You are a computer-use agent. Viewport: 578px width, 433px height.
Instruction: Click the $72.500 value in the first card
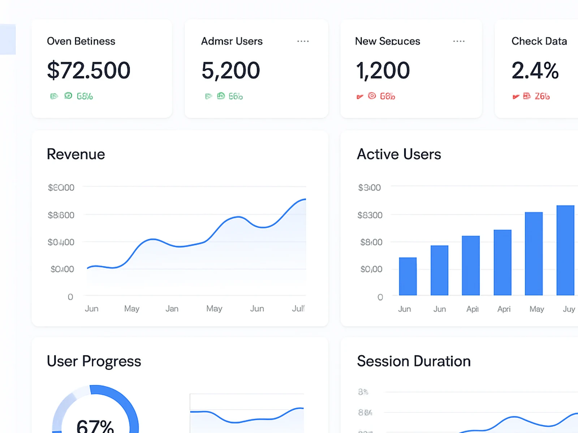point(89,70)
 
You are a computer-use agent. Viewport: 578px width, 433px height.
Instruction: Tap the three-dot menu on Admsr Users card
point(303,41)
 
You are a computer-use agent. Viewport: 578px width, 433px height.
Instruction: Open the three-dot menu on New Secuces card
point(459,41)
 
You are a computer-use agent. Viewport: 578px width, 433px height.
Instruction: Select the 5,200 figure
point(230,70)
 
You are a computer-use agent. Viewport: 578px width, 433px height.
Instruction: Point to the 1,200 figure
point(383,70)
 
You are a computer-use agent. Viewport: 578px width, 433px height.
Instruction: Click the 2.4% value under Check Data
point(535,70)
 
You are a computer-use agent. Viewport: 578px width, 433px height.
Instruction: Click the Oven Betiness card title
point(81,41)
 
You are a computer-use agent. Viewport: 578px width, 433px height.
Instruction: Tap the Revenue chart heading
point(76,154)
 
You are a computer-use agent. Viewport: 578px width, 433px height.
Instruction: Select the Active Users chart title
point(399,154)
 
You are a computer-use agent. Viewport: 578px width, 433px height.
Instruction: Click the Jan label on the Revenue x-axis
point(172,309)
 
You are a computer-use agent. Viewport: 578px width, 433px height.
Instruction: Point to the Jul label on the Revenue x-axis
point(298,309)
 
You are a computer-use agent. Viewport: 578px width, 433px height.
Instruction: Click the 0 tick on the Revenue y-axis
point(70,297)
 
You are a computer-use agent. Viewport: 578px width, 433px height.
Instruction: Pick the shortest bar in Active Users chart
point(408,276)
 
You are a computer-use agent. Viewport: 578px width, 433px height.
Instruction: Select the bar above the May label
point(534,254)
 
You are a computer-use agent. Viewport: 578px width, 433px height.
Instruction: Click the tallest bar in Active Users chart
point(565,250)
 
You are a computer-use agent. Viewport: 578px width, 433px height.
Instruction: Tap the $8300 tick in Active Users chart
point(370,215)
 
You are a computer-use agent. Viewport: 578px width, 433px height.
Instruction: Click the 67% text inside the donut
point(95,426)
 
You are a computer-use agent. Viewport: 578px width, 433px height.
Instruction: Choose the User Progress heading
point(94,361)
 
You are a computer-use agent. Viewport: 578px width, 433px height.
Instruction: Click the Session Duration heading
point(414,361)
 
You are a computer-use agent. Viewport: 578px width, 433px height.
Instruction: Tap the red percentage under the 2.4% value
point(542,96)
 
